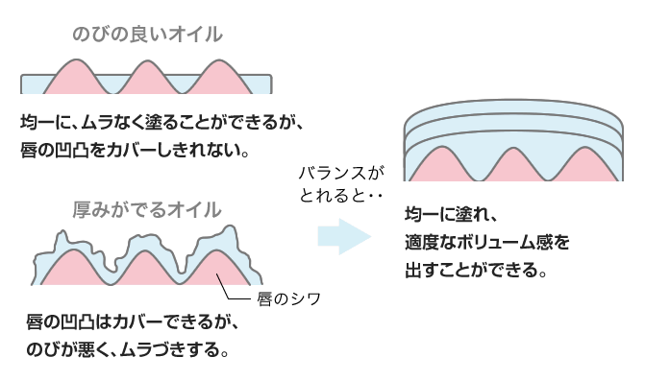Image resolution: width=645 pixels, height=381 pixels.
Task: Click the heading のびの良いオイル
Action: pos(147,34)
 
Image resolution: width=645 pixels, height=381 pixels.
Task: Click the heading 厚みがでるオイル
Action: pos(147,208)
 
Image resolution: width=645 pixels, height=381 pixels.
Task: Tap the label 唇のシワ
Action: pos(286,298)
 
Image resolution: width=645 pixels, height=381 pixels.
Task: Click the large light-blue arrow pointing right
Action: pos(343,235)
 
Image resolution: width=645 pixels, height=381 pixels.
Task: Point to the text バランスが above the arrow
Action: pos(340,173)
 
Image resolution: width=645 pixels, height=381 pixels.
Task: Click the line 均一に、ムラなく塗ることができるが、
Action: pos(161,123)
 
